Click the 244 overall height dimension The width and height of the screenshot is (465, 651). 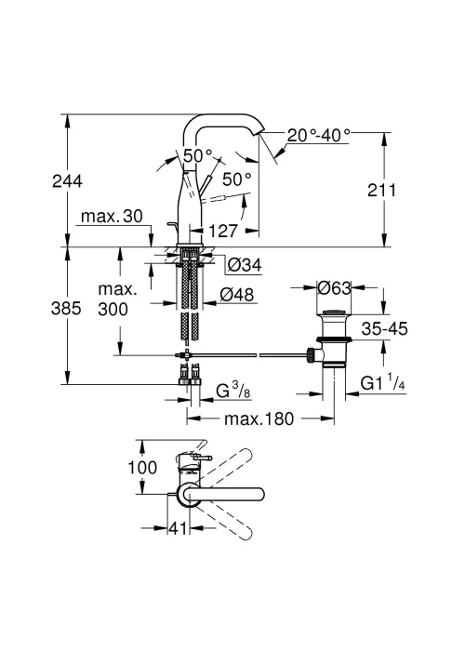(67, 181)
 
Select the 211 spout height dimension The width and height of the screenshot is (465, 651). (381, 190)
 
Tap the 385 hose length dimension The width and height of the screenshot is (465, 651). (66, 308)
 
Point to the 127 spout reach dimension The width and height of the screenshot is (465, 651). (222, 231)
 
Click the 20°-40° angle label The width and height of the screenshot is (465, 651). (319, 135)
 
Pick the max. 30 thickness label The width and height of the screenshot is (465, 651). (112, 216)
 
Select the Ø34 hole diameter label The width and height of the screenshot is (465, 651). (245, 264)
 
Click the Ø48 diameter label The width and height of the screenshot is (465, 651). (236, 295)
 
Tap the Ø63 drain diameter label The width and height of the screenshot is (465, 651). (334, 287)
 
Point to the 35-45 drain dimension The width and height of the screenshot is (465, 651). (384, 329)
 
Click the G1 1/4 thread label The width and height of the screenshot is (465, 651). (382, 383)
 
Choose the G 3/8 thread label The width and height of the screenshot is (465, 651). (233, 391)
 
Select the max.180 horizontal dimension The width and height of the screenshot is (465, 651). (259, 418)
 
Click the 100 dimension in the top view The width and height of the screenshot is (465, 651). (142, 468)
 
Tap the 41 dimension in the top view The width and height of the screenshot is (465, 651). (178, 528)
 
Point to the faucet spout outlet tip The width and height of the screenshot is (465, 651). (259, 132)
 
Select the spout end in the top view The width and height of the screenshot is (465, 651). (259, 494)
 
